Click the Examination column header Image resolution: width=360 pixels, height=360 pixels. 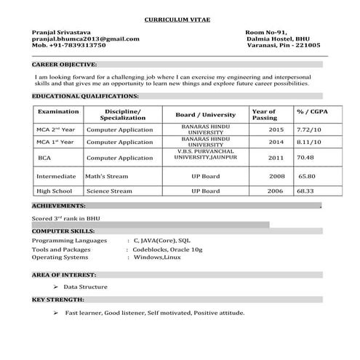pyautogui.click(x=58, y=111)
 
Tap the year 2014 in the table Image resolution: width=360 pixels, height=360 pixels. pyautogui.click(x=276, y=143)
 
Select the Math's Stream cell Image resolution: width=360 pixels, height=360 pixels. pyautogui.click(x=106, y=176)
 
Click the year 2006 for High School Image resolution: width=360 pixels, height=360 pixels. pyautogui.click(x=275, y=191)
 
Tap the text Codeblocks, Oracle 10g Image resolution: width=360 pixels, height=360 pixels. pyautogui.click(x=167, y=249)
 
